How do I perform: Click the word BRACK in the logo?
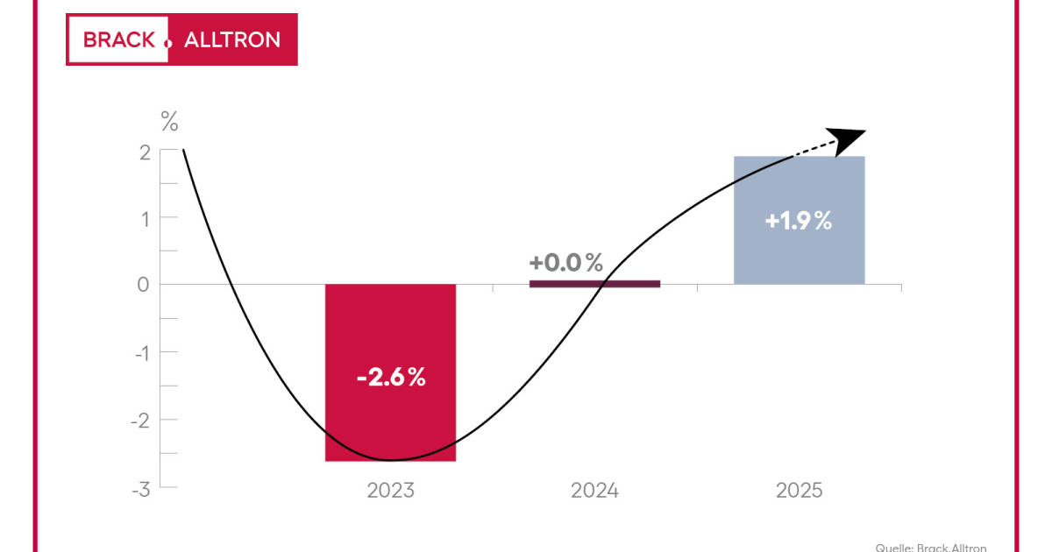pyautogui.click(x=117, y=39)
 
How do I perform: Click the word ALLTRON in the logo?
pyautogui.click(x=232, y=39)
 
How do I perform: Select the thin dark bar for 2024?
pyautogui.click(x=594, y=283)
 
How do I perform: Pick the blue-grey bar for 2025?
pyautogui.click(x=799, y=254)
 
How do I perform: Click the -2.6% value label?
pyautogui.click(x=391, y=379)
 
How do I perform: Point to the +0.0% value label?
pyautogui.click(x=566, y=262)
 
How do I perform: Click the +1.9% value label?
pyautogui.click(x=799, y=222)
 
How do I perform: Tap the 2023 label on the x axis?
pyautogui.click(x=390, y=490)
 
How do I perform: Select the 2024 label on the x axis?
pyautogui.click(x=594, y=490)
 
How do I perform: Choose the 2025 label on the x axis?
pyautogui.click(x=799, y=490)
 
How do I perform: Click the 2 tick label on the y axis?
pyautogui.click(x=144, y=151)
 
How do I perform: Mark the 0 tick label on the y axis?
pyautogui.click(x=144, y=285)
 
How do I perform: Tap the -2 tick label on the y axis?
pyautogui.click(x=140, y=420)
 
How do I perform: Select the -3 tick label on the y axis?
pyautogui.click(x=140, y=487)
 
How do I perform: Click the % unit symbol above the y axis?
pyautogui.click(x=168, y=122)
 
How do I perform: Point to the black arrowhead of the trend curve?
pyautogui.click(x=845, y=138)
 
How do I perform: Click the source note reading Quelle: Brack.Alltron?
pyautogui.click(x=930, y=547)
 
